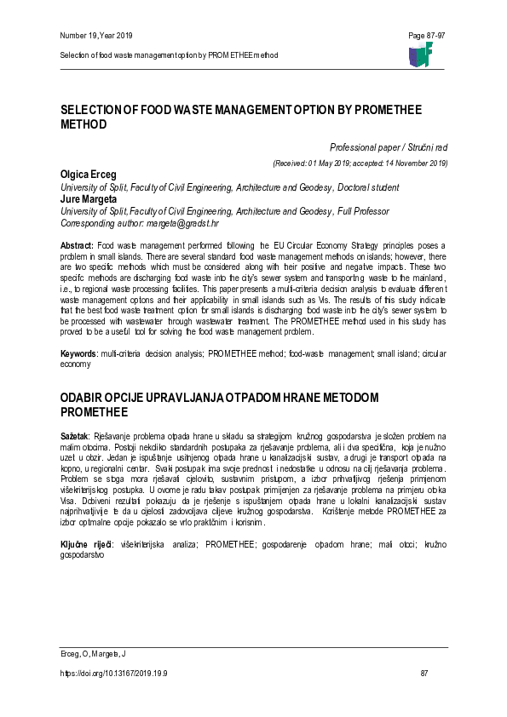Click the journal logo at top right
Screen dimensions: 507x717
click(421, 54)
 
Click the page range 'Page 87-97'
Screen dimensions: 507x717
click(428, 35)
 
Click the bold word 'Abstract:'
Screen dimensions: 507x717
click(76, 245)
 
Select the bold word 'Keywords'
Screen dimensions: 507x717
click(78, 376)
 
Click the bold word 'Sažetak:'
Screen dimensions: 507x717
click(75, 435)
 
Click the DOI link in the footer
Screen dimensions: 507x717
click(113, 673)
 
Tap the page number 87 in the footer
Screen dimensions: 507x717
click(424, 673)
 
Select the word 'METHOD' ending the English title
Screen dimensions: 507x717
click(84, 124)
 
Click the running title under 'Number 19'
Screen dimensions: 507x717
click(169, 54)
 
